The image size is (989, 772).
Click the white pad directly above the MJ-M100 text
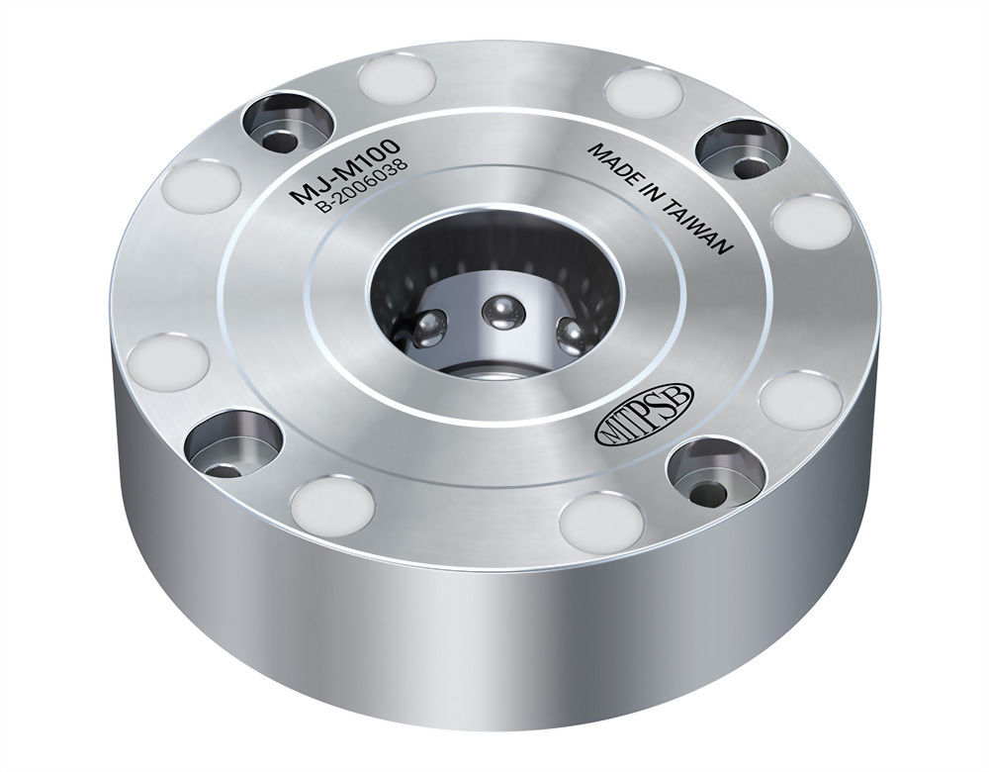[397, 78]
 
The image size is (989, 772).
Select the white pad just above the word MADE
[645, 92]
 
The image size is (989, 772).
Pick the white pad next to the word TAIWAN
[810, 221]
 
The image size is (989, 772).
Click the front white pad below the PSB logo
[600, 522]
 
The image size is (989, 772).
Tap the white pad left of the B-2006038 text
[202, 186]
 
